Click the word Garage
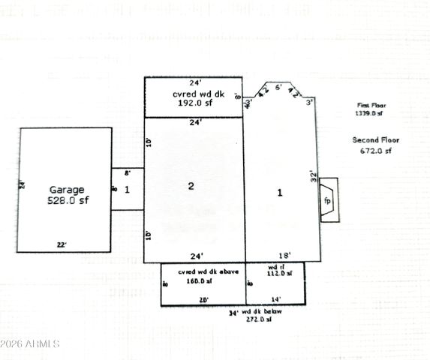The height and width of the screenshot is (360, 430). pyautogui.click(x=67, y=190)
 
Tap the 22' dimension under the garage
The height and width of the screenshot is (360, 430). pyautogui.click(x=62, y=244)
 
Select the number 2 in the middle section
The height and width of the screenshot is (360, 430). pyautogui.click(x=191, y=186)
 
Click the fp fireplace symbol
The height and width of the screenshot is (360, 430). pyautogui.click(x=327, y=202)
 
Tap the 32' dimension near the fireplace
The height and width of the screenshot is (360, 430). pyautogui.click(x=315, y=176)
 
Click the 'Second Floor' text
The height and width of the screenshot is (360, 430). pyautogui.click(x=375, y=139)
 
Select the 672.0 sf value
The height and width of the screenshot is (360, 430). pyautogui.click(x=376, y=150)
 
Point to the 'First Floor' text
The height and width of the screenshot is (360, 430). pyautogui.click(x=369, y=106)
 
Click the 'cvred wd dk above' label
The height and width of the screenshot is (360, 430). pyautogui.click(x=208, y=271)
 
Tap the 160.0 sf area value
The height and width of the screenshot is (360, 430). pyautogui.click(x=199, y=280)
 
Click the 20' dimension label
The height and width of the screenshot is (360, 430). pyautogui.click(x=203, y=298)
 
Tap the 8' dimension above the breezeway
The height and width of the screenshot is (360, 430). pyautogui.click(x=126, y=172)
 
